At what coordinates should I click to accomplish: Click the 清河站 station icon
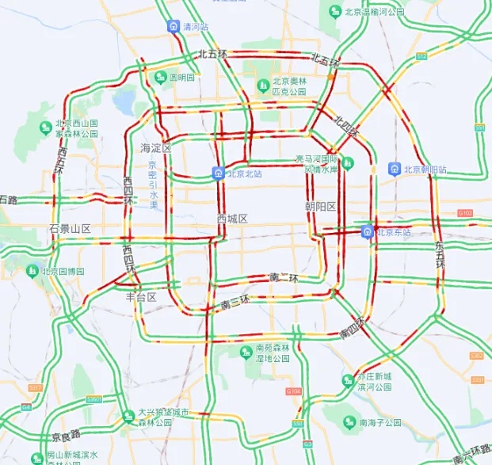pyautogui.click(x=173, y=26)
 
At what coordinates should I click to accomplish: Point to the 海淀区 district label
pyautogui.click(x=156, y=148)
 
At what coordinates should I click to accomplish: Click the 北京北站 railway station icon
pyautogui.click(x=218, y=173)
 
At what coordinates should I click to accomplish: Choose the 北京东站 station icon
pyautogui.click(x=368, y=231)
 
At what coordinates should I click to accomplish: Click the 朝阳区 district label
pyautogui.click(x=321, y=207)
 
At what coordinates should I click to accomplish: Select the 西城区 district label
pyautogui.click(x=233, y=219)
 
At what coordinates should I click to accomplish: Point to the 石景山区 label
pyautogui.click(x=70, y=229)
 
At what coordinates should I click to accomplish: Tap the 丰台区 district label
pyautogui.click(x=141, y=297)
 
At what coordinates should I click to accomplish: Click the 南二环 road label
pyautogui.click(x=283, y=277)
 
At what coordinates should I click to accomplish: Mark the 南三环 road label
pyautogui.click(x=235, y=301)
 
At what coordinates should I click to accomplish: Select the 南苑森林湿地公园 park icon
pyautogui.click(x=246, y=350)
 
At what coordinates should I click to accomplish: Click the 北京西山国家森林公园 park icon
pyautogui.click(x=45, y=128)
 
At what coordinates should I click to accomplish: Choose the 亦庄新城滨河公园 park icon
pyautogui.click(x=347, y=381)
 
